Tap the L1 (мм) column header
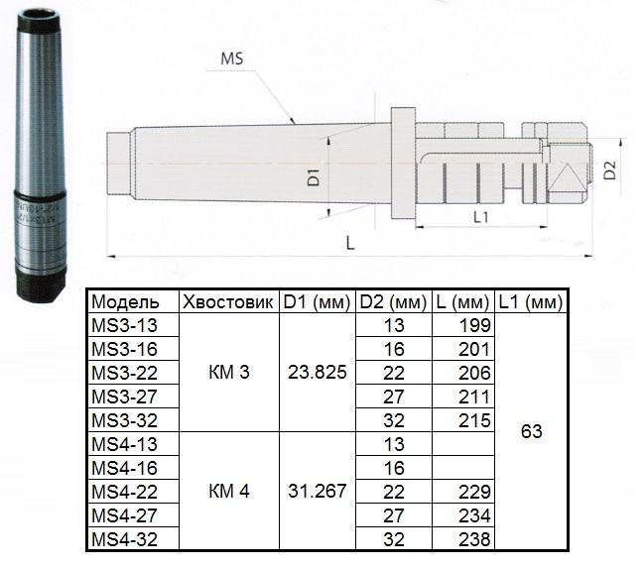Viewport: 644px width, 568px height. pyautogui.click(x=531, y=300)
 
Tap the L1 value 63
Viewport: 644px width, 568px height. pyautogui.click(x=531, y=431)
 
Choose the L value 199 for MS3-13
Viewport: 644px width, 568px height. pyautogui.click(x=475, y=324)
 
